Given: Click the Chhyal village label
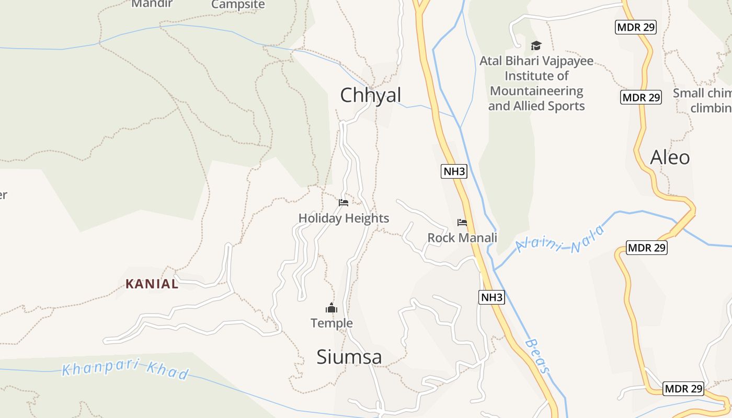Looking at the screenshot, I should tap(371, 95).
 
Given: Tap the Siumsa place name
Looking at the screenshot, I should tap(349, 357).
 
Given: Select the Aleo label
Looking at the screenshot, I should tap(670, 157).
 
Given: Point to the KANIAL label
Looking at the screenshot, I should tap(152, 284).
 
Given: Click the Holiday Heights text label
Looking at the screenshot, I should tap(344, 218).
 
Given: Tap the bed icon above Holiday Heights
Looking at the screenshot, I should tap(344, 203).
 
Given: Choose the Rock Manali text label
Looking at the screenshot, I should tap(462, 238).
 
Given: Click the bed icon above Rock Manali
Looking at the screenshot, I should tap(462, 223).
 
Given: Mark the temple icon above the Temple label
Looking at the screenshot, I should tap(331, 308).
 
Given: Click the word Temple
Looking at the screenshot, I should tap(331, 323).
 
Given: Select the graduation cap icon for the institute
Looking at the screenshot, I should tap(536, 45).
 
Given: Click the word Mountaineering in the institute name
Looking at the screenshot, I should tap(536, 91).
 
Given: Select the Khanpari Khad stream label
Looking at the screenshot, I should tap(125, 369).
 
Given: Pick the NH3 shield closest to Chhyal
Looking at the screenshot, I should tap(454, 171).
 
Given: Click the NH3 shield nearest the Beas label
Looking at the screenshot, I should tap(491, 298).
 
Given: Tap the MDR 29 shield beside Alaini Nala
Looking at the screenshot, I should tap(647, 248).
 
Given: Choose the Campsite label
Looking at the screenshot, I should tap(238, 5).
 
